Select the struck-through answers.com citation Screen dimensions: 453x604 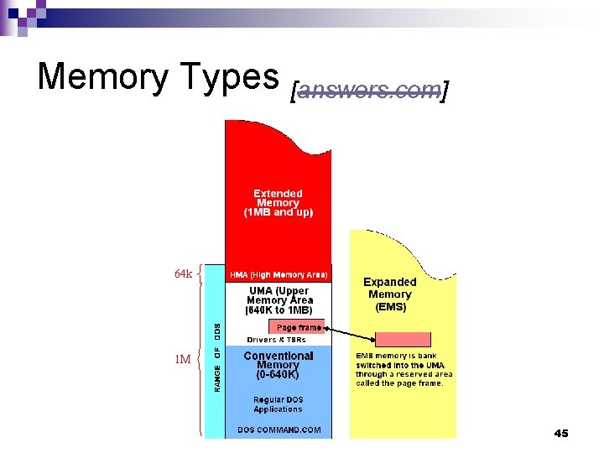tap(369, 90)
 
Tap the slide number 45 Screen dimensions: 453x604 tap(561, 433)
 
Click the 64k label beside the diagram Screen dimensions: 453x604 tap(183, 274)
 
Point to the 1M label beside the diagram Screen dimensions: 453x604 tap(182, 360)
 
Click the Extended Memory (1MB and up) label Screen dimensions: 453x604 tap(278, 203)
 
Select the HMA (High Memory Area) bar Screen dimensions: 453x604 tap(279, 274)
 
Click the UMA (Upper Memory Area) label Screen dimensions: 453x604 tap(279, 300)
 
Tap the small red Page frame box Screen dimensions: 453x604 tap(297, 327)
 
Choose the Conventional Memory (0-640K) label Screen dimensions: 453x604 tap(278, 365)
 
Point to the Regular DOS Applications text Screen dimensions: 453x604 tap(278, 404)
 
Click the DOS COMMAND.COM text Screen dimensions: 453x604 tap(278, 430)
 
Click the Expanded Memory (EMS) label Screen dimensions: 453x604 tap(390, 294)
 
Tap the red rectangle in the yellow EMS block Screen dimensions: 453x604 tap(403, 339)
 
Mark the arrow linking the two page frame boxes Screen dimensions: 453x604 tap(351, 333)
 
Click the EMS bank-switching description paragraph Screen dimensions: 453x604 tap(404, 369)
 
